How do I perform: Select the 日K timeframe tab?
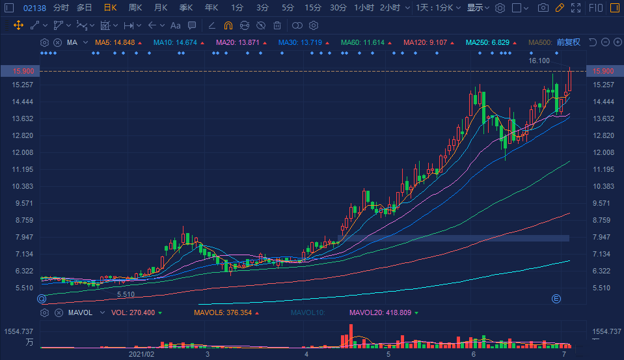(110, 8)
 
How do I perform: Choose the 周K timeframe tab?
(135, 8)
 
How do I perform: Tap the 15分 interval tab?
(312, 8)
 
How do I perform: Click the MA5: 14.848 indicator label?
(115, 42)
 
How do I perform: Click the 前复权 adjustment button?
(568, 42)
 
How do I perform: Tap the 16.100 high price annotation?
(539, 61)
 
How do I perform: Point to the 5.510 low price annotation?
(126, 295)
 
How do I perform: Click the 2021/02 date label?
(141, 355)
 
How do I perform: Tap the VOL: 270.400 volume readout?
(132, 313)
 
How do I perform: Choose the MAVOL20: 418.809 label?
(381, 313)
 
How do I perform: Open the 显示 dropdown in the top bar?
(478, 8)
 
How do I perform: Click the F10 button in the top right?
(595, 8)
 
